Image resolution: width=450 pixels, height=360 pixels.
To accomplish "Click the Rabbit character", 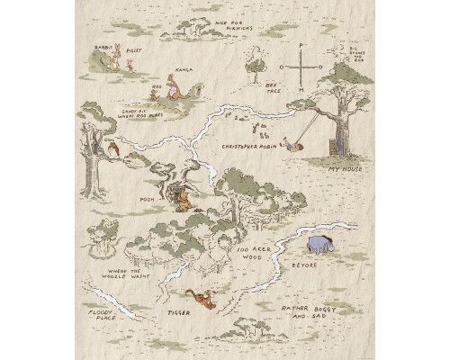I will (114, 62).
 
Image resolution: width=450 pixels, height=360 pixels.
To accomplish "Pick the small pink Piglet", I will (132, 65).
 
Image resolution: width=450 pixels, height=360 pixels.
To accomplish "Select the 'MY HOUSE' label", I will (346, 167).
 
